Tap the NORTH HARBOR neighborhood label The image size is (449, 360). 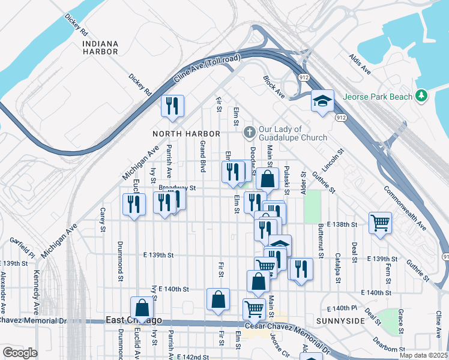pos(186,133)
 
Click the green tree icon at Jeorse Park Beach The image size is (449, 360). pos(422,96)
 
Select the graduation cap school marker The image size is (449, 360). pos(322,101)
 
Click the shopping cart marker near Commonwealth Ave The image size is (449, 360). pos(380,223)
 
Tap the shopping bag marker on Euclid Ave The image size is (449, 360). pos(142,307)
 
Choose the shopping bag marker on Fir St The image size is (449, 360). pos(218,299)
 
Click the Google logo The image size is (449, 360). pos(20,353)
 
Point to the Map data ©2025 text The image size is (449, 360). pos(424,355)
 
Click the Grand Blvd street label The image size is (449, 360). pos(203,157)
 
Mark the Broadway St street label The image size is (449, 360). pos(177,188)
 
